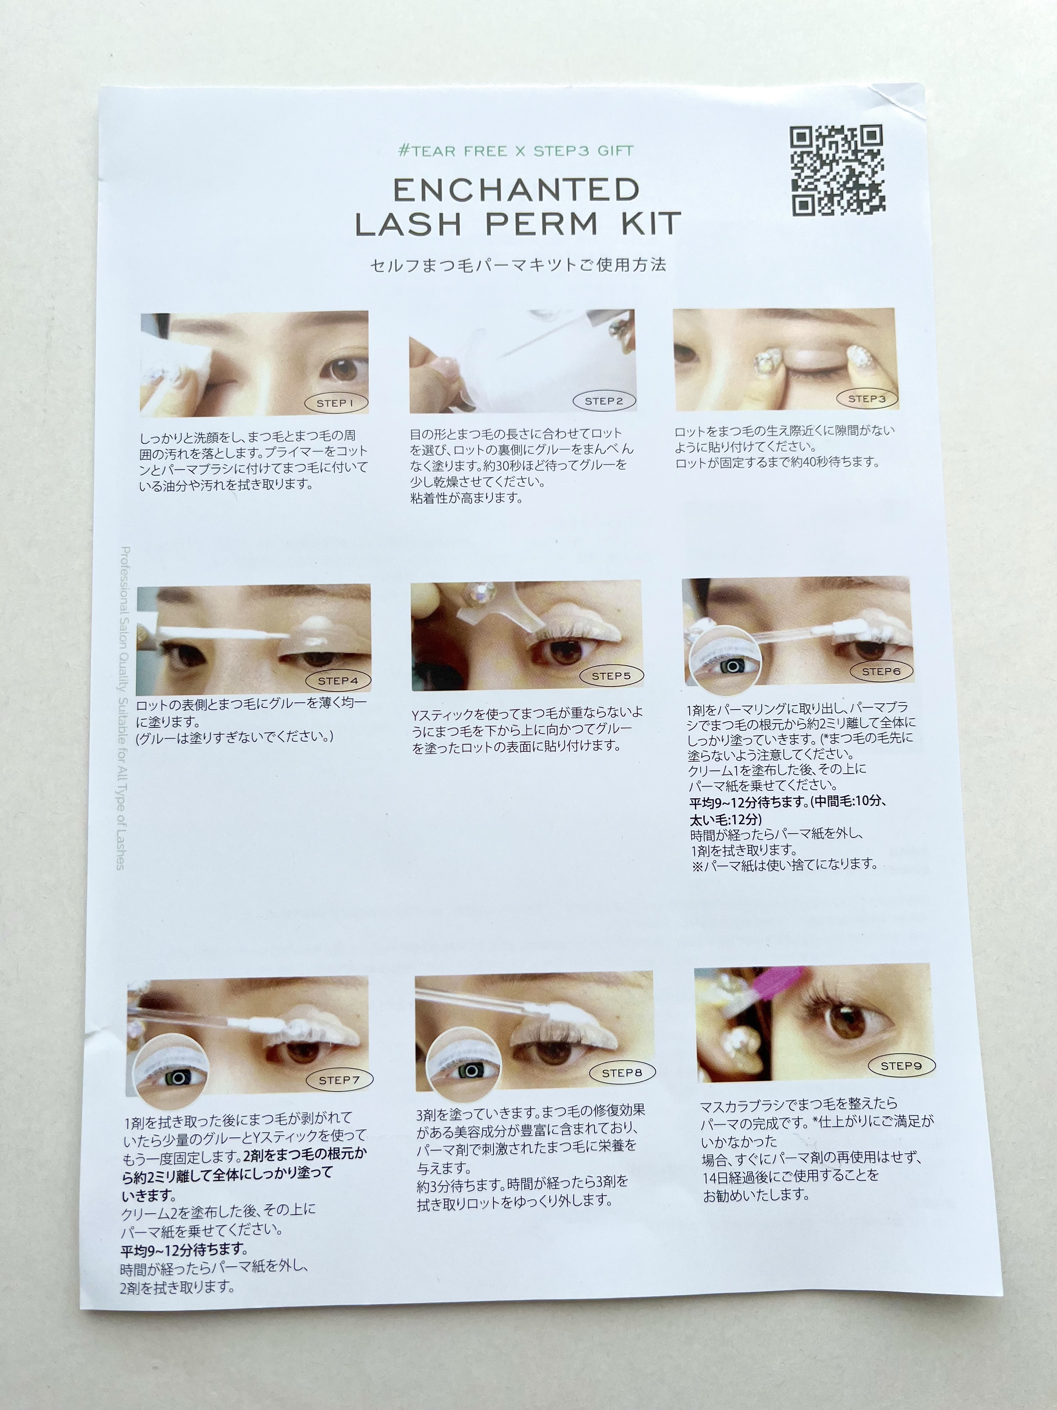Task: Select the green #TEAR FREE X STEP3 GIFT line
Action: pyautogui.click(x=516, y=151)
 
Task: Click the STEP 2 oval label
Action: pyautogui.click(x=603, y=401)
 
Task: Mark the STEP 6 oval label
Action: pyautogui.click(x=881, y=671)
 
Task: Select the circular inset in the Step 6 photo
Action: pyautogui.click(x=728, y=663)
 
